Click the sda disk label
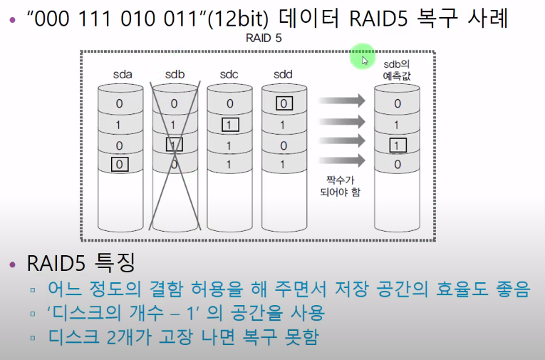[x=119, y=74]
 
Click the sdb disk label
[x=174, y=74]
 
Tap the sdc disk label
[x=228, y=74]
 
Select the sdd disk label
[x=284, y=74]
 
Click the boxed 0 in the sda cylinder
[x=120, y=165]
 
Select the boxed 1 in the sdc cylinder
[x=229, y=125]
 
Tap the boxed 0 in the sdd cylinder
[x=284, y=104]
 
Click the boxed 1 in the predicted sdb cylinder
[x=398, y=145]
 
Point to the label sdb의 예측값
[x=398, y=70]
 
